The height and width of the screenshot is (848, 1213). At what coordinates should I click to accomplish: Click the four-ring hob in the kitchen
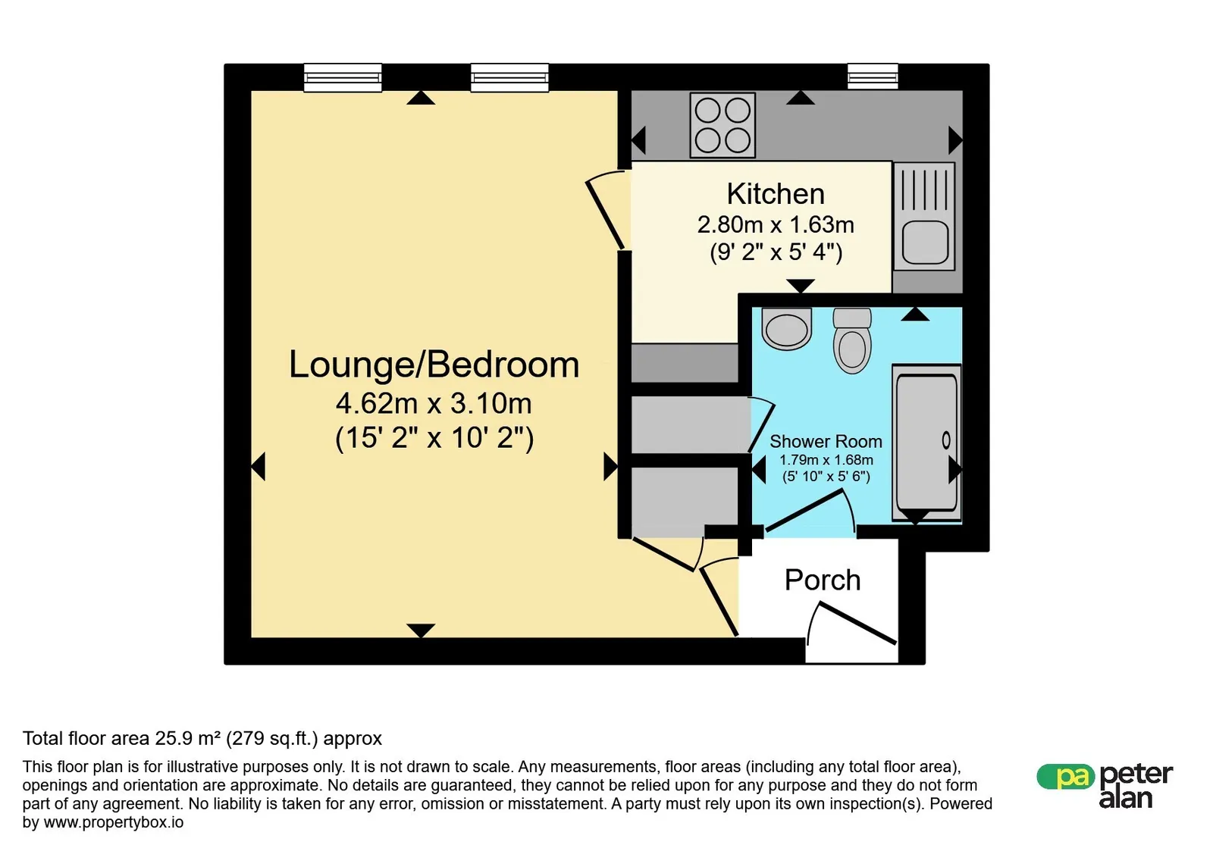(x=722, y=126)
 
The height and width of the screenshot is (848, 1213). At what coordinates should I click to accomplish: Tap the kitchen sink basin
(x=925, y=243)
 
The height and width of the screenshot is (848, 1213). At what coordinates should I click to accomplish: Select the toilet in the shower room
(x=852, y=340)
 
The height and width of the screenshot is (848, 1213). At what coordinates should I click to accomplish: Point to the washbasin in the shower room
(x=786, y=329)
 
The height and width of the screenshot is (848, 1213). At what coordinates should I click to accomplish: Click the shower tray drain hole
(x=946, y=440)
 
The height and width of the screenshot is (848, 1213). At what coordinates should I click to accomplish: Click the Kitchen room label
(x=776, y=194)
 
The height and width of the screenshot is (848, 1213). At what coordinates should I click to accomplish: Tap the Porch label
(x=823, y=580)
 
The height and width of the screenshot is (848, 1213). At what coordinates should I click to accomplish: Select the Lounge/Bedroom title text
(x=434, y=365)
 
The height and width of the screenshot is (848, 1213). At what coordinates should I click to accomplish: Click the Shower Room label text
(x=826, y=442)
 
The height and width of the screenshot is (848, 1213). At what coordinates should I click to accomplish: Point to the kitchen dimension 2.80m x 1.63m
(x=776, y=224)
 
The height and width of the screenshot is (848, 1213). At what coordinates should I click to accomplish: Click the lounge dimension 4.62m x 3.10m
(x=434, y=404)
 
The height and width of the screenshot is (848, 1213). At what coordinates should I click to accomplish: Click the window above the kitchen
(x=873, y=77)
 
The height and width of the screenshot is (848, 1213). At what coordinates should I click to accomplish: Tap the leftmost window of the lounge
(x=342, y=77)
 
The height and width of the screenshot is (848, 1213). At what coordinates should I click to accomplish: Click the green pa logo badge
(x=1065, y=777)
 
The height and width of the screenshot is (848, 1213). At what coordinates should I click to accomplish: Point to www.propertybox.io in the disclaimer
(x=114, y=822)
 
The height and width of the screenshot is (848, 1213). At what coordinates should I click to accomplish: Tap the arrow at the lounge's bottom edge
(x=421, y=631)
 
